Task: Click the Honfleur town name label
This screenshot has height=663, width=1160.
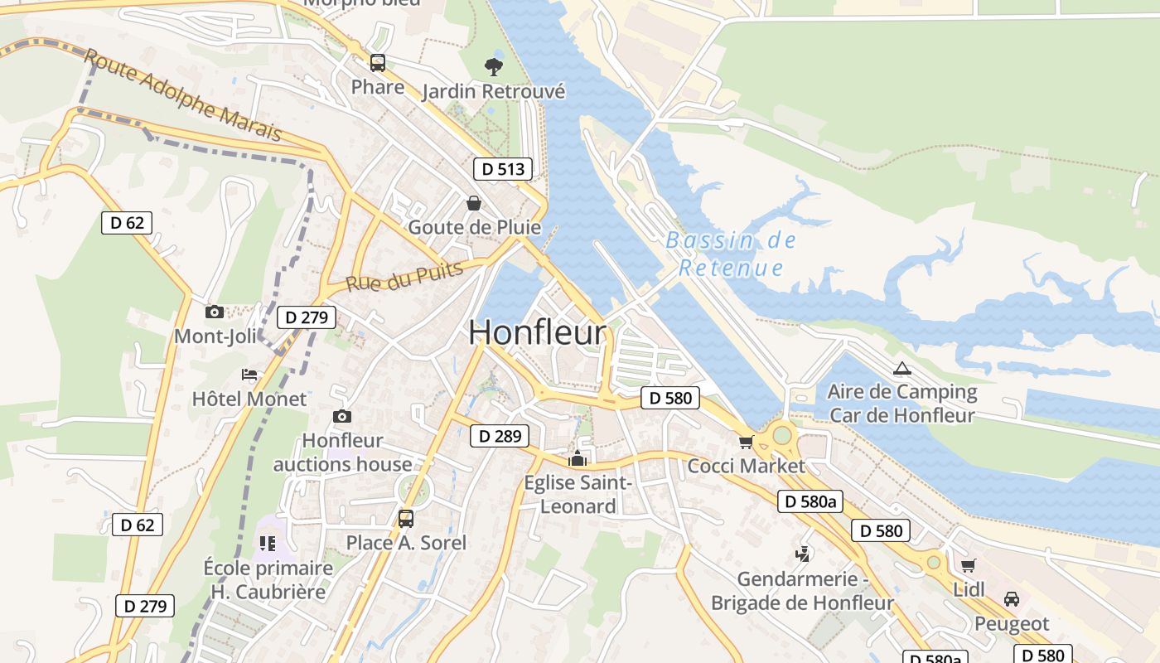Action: coord(537,333)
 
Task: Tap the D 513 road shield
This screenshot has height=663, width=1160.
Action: coord(503,169)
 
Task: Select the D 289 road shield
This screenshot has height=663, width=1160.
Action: coord(500,436)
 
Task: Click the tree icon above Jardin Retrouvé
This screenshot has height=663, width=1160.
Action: coord(494,67)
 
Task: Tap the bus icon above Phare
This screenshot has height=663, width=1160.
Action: coord(378,63)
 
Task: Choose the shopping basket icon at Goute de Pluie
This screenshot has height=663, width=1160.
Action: coord(474,203)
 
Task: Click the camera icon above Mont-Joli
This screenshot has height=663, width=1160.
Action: coord(215,312)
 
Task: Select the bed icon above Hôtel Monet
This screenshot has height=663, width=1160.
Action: coord(249,375)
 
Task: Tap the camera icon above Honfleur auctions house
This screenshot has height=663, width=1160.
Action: coord(342,416)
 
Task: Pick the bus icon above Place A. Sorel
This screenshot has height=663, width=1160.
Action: coord(406,519)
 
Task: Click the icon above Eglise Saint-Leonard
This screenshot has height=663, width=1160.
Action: coord(578,458)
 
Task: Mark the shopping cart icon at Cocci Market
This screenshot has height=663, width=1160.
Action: coord(747,442)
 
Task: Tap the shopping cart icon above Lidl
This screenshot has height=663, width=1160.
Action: coord(968,566)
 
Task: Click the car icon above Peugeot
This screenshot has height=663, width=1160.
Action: coord(1012,599)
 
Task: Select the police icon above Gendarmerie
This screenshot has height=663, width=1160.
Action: coord(802,554)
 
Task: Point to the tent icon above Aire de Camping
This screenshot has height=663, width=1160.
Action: coord(902,368)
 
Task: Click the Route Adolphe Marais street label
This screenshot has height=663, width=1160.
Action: coord(183,95)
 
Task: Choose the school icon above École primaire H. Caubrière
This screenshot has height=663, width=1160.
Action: coord(268,544)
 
